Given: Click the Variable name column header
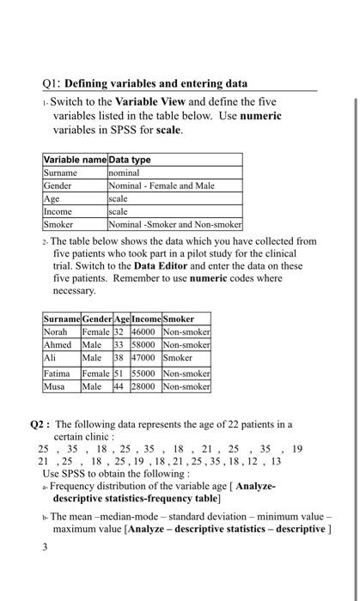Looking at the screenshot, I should (76, 160).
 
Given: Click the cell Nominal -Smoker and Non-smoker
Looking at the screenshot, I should (174, 223).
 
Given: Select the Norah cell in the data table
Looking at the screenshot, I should (58, 331).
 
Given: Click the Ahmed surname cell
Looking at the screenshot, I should (60, 343).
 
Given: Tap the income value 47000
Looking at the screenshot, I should (143, 355).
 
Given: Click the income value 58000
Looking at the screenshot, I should (143, 343).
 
